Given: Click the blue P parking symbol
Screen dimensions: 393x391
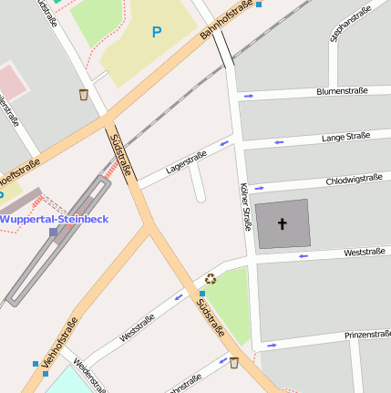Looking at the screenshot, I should [156, 32].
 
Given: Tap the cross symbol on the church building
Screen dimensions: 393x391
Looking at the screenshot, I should [282, 223].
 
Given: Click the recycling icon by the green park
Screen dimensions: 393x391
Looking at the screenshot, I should [211, 279].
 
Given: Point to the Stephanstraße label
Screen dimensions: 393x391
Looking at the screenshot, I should [351, 24].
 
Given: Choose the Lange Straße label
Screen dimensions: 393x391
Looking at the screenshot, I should [345, 137].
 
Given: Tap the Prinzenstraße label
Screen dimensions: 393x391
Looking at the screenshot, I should [368, 336].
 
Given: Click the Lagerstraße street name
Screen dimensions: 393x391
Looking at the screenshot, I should [186, 162].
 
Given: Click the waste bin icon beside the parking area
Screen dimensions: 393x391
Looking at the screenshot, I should [84, 94].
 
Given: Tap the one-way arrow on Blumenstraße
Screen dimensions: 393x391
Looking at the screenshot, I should [248, 96].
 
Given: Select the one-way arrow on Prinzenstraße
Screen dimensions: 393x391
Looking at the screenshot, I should [272, 346].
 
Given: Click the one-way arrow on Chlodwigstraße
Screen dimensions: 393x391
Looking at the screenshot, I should [260, 188].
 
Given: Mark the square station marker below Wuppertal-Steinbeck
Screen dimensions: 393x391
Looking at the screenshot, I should [53, 233].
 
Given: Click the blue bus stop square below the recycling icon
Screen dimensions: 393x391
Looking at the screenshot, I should [202, 294].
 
